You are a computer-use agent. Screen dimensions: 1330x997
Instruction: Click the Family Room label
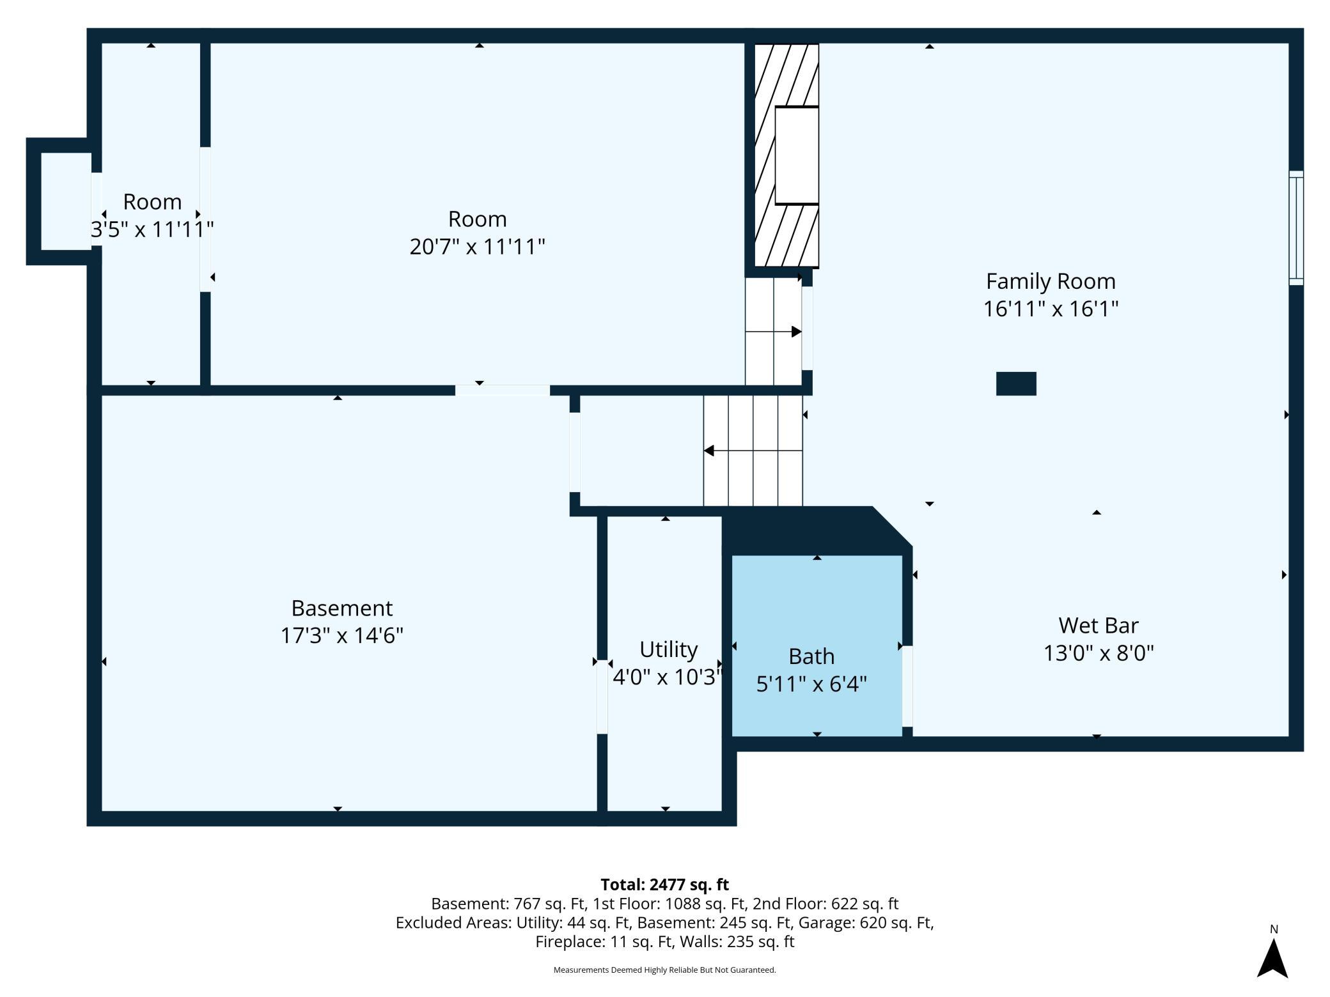tap(1051, 281)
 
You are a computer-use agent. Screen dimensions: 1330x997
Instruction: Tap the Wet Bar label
tap(1099, 625)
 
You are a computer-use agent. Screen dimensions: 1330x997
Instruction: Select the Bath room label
tap(811, 656)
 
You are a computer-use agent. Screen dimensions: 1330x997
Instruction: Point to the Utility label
tap(668, 649)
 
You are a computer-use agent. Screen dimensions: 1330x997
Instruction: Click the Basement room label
tap(342, 608)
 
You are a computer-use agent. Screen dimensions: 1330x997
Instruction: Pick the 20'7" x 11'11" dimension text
tap(477, 247)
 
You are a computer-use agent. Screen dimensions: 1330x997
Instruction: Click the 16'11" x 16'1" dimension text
tap(1051, 309)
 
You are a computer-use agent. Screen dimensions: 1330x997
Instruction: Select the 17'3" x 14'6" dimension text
tap(342, 636)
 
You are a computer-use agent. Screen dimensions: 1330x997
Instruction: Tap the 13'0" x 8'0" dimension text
tap(1099, 653)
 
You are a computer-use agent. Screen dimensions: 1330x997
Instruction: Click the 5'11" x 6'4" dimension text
tap(811, 684)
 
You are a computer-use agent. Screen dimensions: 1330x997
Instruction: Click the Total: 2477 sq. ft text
tap(665, 885)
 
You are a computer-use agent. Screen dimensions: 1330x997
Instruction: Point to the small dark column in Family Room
tap(1016, 384)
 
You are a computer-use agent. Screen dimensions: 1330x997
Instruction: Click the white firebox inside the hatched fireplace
tap(797, 155)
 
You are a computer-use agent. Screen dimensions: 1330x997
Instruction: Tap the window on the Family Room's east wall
tap(1296, 228)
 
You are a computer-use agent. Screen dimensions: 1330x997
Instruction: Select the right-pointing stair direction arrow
tap(774, 332)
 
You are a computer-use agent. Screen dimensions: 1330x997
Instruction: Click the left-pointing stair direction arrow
tap(753, 451)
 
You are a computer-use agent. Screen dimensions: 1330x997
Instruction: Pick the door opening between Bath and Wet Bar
tap(907, 686)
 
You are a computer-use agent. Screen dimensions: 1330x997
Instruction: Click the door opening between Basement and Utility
tap(602, 697)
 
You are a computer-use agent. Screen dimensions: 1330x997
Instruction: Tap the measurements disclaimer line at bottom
tap(665, 970)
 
